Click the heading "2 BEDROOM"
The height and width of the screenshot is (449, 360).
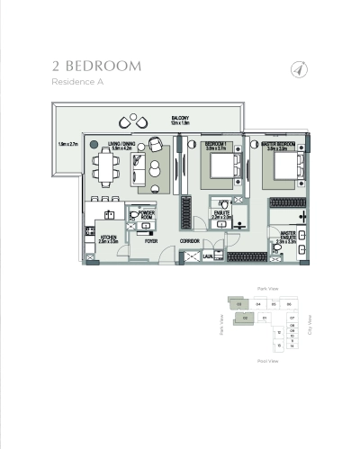coord(97,66)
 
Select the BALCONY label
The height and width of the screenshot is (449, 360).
coord(181,118)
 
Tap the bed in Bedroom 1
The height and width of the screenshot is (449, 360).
coord(220,166)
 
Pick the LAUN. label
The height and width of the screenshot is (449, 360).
coord(208,256)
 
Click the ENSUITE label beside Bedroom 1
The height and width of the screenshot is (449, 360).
coord(221,212)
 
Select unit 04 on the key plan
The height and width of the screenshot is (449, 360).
coord(257,305)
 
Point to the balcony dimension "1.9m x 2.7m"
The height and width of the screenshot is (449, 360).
coord(68,144)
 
